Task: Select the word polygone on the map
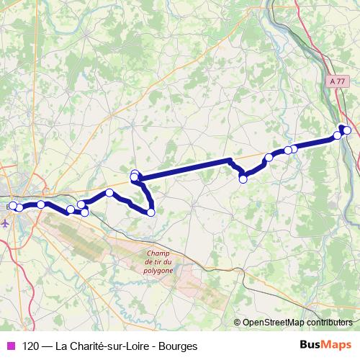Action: (x=158, y=271)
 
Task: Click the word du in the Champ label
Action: (x=167, y=262)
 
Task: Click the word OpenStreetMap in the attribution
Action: (x=274, y=323)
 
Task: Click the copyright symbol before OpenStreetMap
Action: (x=238, y=323)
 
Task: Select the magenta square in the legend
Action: (x=9, y=346)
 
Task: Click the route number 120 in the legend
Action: (x=31, y=346)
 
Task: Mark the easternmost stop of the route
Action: (x=347, y=130)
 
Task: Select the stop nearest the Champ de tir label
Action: (x=151, y=212)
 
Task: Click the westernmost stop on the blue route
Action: (x=12, y=206)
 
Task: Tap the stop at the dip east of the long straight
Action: (x=243, y=179)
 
